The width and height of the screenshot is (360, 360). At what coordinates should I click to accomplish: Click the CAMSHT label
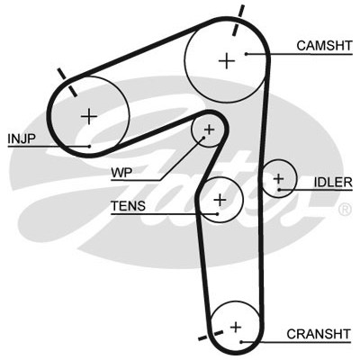click(x=324, y=46)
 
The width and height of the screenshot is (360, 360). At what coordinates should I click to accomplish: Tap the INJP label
click(x=22, y=139)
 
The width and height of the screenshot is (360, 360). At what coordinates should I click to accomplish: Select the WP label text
click(x=121, y=173)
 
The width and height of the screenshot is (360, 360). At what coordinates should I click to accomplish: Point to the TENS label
click(x=128, y=206)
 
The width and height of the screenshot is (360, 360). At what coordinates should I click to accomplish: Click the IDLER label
click(x=333, y=182)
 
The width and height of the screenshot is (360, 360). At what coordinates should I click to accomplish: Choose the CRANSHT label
click(x=319, y=334)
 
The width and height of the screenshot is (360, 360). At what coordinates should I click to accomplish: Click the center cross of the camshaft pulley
click(x=227, y=61)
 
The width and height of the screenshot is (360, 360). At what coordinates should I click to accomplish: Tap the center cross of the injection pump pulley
click(x=89, y=116)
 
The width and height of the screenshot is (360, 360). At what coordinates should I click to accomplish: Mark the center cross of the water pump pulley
click(x=209, y=130)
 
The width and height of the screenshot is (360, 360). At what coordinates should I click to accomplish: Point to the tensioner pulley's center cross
click(x=220, y=200)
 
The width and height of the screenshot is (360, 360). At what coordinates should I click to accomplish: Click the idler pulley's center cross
click(x=278, y=179)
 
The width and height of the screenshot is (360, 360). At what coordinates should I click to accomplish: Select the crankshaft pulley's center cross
click(x=236, y=327)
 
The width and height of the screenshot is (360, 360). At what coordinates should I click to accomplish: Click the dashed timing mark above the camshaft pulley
click(x=238, y=21)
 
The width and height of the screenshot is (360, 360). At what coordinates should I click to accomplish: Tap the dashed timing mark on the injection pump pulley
click(x=67, y=82)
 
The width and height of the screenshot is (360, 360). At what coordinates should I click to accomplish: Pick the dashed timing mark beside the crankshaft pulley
click(x=211, y=336)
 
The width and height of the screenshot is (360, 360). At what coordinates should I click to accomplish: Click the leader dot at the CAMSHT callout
click(x=246, y=54)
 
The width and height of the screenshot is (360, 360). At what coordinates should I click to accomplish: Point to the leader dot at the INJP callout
click(x=89, y=147)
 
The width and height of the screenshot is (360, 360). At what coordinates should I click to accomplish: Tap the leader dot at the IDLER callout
click(x=279, y=190)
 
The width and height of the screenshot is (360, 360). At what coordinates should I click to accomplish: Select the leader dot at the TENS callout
click(x=217, y=214)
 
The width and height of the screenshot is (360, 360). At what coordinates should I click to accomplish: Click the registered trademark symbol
click(x=345, y=210)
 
